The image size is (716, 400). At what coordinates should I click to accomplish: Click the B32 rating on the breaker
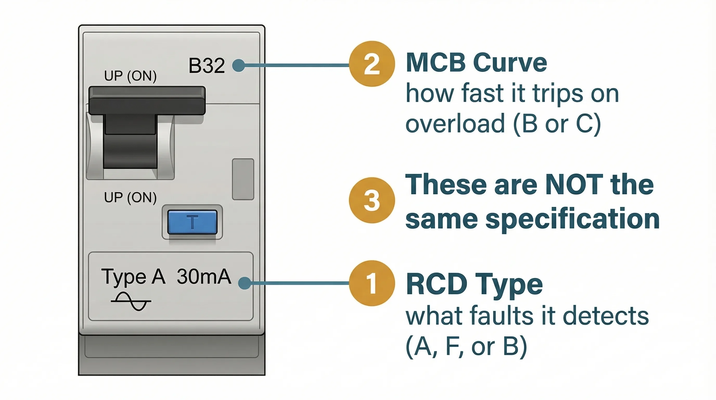(x=207, y=66)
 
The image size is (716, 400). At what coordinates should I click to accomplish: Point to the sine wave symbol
(x=131, y=301)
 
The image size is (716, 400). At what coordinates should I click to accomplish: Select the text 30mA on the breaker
(x=204, y=277)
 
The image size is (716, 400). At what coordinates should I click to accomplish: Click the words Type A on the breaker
(x=133, y=277)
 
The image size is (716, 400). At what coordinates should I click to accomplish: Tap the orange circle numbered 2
(x=372, y=64)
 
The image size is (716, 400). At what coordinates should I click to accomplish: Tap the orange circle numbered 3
(x=372, y=200)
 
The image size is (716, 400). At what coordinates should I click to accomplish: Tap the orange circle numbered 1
(x=372, y=283)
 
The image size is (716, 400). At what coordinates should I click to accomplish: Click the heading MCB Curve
(x=476, y=63)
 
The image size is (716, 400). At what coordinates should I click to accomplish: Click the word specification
(x=572, y=219)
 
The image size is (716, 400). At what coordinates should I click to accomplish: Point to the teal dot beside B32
(x=239, y=66)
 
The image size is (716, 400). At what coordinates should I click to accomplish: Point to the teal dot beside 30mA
(x=245, y=283)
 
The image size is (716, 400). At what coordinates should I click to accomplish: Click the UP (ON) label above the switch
(x=130, y=76)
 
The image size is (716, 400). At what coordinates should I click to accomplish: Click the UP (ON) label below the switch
(x=130, y=197)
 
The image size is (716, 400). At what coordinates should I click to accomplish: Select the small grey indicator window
(x=243, y=179)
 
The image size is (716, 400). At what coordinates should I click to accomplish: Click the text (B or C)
(x=557, y=124)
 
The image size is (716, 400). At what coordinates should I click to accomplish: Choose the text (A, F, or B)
(x=466, y=346)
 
